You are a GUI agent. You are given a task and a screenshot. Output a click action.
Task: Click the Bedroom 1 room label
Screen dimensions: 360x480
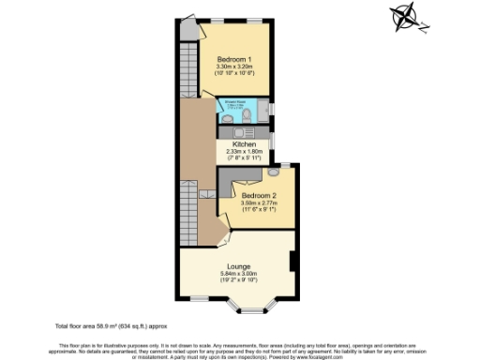235,59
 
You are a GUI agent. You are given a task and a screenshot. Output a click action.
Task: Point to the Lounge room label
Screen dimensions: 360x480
237,266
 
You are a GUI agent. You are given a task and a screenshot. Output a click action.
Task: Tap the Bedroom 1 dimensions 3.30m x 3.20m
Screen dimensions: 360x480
235,67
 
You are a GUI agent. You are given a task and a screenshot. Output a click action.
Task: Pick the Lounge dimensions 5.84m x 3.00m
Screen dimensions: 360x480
237,274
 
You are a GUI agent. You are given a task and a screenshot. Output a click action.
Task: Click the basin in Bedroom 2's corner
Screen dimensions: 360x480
273,172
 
